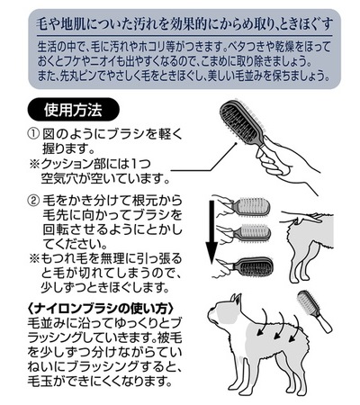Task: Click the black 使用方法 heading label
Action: pos(73,110)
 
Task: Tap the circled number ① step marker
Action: pos(33,134)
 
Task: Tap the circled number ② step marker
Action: pos(33,201)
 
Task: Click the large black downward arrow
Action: pos(211,232)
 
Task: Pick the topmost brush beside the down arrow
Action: pos(253,206)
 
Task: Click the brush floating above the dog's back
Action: pos(314,310)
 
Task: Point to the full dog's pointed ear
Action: pos(237,301)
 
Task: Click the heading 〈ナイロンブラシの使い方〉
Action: pos(101,309)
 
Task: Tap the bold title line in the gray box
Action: pos(184,23)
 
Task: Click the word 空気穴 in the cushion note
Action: pos(60,179)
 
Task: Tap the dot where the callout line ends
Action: pos(237,143)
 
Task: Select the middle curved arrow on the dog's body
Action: pos(280,325)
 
